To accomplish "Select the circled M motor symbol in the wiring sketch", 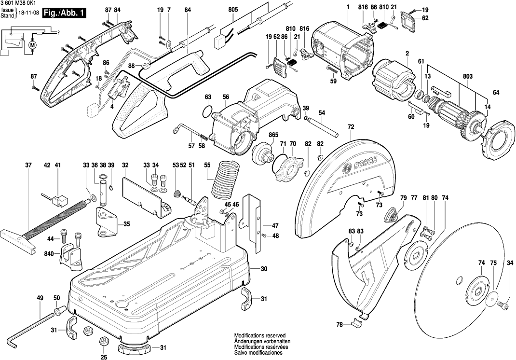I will (33, 45).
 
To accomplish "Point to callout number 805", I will (233, 10).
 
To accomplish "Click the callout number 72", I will (351, 127).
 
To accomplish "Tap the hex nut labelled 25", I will (103, 342).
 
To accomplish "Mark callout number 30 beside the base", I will (264, 268).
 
